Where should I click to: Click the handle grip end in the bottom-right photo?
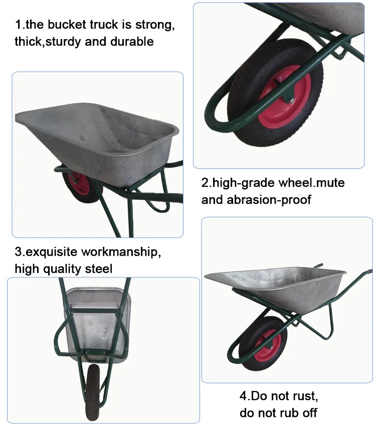[x=368, y=272]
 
